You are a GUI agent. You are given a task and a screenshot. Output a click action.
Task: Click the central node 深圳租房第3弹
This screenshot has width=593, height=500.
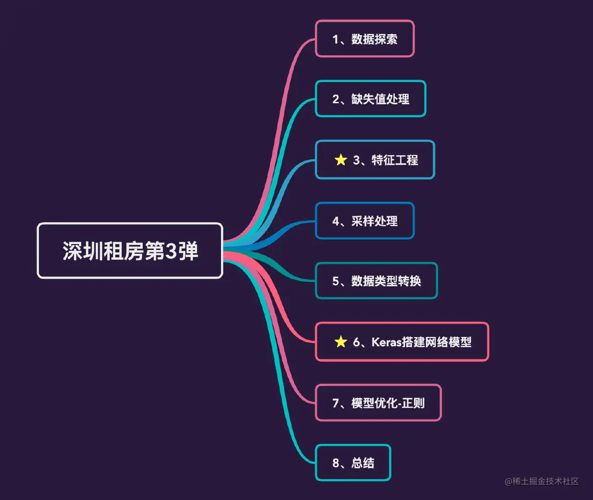(x=130, y=250)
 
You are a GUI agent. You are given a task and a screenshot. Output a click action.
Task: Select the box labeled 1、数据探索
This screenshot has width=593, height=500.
(x=365, y=39)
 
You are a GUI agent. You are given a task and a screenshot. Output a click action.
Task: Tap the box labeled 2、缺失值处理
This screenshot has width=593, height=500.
(x=371, y=99)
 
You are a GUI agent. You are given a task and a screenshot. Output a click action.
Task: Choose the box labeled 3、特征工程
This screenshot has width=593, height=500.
(x=375, y=160)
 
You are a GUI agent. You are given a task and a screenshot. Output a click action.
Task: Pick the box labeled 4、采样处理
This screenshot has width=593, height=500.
(x=365, y=221)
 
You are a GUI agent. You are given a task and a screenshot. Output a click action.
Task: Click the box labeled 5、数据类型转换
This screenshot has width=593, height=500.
(x=376, y=281)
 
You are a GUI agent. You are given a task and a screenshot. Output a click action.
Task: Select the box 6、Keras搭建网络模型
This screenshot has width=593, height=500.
(x=402, y=342)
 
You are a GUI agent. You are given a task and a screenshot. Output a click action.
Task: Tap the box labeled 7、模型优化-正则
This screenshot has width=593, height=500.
(x=378, y=403)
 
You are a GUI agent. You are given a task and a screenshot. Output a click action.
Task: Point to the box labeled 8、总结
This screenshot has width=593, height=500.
(x=353, y=463)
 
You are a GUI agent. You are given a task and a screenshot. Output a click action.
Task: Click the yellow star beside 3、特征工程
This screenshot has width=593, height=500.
(x=341, y=160)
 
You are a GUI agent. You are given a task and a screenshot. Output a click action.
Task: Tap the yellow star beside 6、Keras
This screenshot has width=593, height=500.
(x=341, y=342)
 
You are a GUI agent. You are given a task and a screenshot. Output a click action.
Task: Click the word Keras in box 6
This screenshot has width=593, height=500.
(x=386, y=342)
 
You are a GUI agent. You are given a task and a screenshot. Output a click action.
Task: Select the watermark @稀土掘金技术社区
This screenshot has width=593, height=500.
(x=542, y=481)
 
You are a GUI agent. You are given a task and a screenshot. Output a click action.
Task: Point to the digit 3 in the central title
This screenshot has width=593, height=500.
(x=171, y=251)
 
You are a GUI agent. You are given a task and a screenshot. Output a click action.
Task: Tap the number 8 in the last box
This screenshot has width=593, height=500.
(x=336, y=463)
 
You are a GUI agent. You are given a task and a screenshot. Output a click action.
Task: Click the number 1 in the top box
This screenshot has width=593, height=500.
(x=335, y=39)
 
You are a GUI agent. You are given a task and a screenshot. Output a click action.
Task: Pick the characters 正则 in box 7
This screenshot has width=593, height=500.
(x=413, y=403)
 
